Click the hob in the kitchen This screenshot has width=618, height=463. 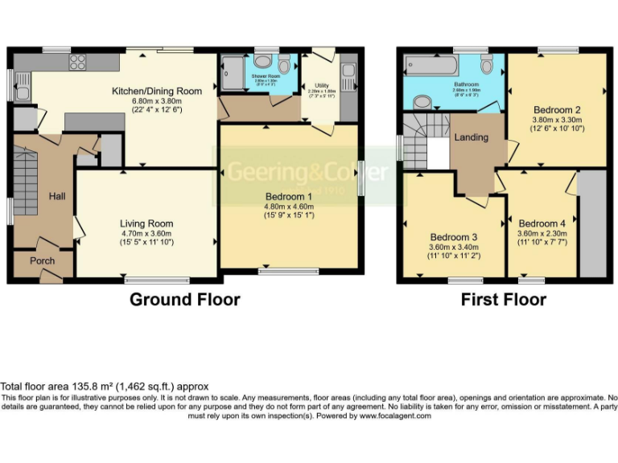coord(78,62)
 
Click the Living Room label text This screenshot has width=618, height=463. coord(146,223)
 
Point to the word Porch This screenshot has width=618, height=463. coord(42,262)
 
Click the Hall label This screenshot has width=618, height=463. coord(56,195)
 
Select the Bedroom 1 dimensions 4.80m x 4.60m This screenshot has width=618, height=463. coord(289,206)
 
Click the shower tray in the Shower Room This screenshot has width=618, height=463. coord(232,75)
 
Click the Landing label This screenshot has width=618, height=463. coord(471,137)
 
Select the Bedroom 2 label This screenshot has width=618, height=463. coord(557,109)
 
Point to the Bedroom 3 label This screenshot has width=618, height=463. coord(453,237)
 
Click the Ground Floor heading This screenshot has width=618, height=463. coord(184,300)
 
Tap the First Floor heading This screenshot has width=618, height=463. coord(503,300)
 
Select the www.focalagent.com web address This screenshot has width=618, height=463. coord(394,416)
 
